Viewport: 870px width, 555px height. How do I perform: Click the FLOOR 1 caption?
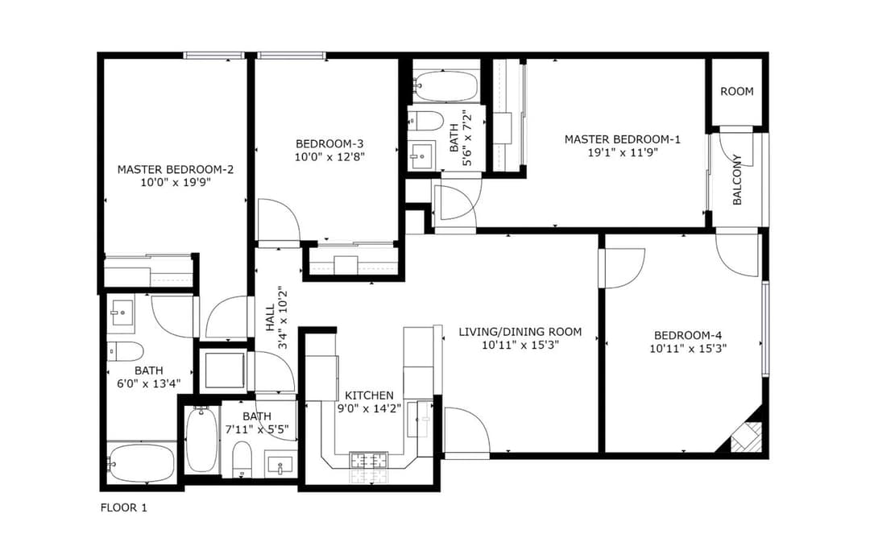click(124, 507)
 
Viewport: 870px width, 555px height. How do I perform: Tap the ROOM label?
click(737, 91)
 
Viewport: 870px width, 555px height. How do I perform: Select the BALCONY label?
click(737, 180)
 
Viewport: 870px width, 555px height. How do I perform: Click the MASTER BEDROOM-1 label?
click(622, 139)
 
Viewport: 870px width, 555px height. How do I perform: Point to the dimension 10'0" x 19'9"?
click(176, 182)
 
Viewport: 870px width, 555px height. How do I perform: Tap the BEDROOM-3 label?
click(329, 143)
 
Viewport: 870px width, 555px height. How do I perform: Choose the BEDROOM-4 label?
click(688, 335)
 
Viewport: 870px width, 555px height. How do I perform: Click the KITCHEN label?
click(369, 396)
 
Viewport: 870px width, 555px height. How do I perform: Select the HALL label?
click(270, 318)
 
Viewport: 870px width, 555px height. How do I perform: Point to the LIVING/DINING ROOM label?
click(520, 332)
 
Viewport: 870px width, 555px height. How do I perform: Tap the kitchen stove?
click(368, 460)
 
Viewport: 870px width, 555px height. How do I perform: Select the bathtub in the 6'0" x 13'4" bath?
click(142, 463)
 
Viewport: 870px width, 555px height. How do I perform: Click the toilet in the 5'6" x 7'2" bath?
click(425, 121)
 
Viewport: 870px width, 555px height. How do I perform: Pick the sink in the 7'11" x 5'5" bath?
click(280, 465)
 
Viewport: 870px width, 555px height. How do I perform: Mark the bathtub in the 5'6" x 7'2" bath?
click(446, 85)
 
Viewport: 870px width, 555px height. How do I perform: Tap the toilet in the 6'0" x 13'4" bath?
click(126, 350)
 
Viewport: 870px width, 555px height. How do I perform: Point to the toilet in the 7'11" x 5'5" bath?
click(242, 458)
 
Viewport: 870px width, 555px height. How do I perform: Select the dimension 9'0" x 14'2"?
click(369, 409)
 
